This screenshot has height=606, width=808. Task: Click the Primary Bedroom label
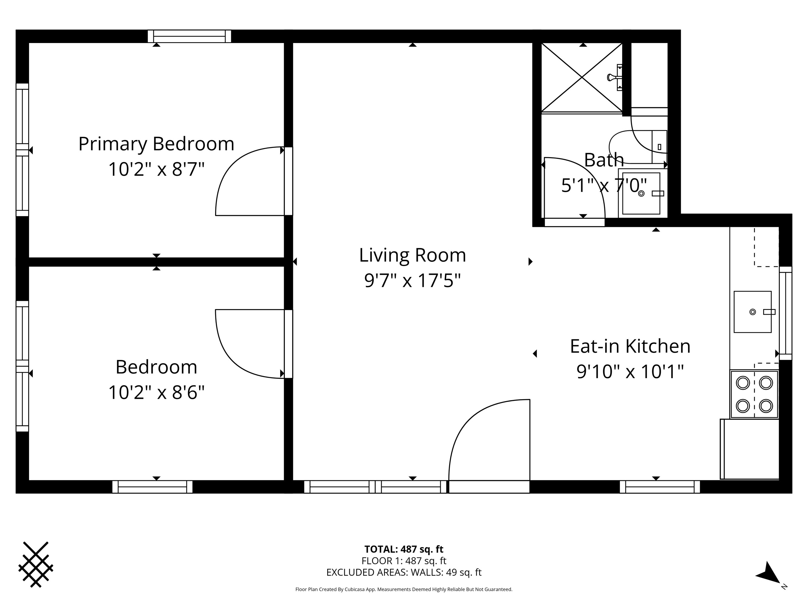pyautogui.click(x=156, y=144)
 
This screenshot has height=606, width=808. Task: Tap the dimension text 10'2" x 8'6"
pyautogui.click(x=156, y=393)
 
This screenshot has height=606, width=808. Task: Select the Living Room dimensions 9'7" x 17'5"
pyautogui.click(x=412, y=281)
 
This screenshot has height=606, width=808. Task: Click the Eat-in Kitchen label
pyautogui.click(x=630, y=346)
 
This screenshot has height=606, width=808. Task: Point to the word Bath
pyautogui.click(x=604, y=160)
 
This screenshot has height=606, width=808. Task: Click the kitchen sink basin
pyautogui.click(x=753, y=311)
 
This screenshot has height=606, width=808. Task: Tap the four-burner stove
pyautogui.click(x=754, y=394)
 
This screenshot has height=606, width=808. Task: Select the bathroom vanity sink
pyautogui.click(x=641, y=193)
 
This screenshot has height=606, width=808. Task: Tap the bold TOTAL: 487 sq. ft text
pyautogui.click(x=404, y=549)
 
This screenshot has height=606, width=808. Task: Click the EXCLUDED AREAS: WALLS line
pyautogui.click(x=404, y=572)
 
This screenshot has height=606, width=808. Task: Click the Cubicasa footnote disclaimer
pyautogui.click(x=404, y=589)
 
